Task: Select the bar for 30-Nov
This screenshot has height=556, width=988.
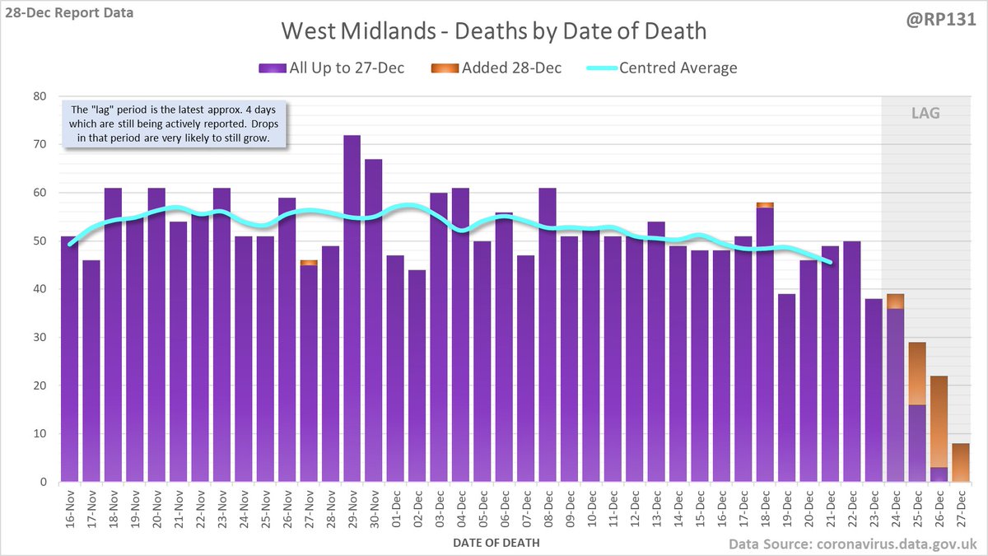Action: coord(373,321)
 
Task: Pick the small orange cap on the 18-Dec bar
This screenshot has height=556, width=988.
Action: coord(764,204)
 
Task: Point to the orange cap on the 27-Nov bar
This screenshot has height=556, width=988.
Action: coord(309,262)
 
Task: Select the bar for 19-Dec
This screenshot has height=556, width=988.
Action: coord(786,387)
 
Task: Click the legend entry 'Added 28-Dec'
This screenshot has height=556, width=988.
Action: coord(496,68)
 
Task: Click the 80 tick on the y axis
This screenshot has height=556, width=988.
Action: coord(39,96)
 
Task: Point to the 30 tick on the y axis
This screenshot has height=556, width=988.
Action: coord(39,338)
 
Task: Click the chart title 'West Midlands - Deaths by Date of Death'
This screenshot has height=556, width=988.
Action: coord(493,31)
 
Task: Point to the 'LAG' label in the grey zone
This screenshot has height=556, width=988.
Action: coord(925,111)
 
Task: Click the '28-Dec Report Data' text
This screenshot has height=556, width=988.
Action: coord(68,13)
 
